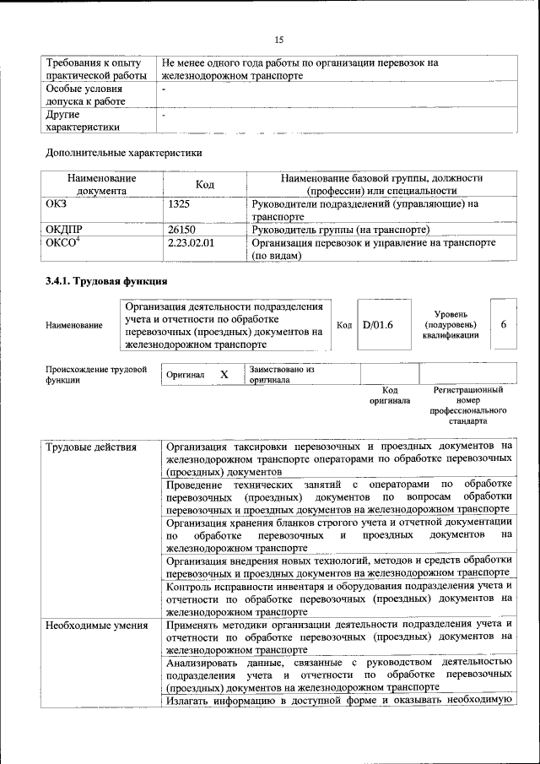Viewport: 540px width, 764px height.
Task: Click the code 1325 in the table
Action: pyautogui.click(x=180, y=203)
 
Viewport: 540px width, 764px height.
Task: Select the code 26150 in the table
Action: pyautogui.click(x=182, y=230)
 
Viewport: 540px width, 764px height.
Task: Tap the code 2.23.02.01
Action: pyautogui.click(x=192, y=243)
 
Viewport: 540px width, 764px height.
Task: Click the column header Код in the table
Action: pyautogui.click(x=205, y=184)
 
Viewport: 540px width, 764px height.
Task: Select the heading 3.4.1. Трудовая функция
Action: pyautogui.click(x=106, y=281)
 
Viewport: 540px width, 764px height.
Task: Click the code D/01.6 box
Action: pyautogui.click(x=378, y=324)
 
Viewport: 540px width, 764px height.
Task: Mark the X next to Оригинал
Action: pyautogui.click(x=224, y=374)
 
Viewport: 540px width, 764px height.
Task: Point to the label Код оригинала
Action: pyautogui.click(x=389, y=395)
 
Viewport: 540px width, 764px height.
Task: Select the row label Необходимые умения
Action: pyautogui.click(x=97, y=626)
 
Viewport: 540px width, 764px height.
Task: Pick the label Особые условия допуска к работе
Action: pyautogui.click(x=85, y=94)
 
